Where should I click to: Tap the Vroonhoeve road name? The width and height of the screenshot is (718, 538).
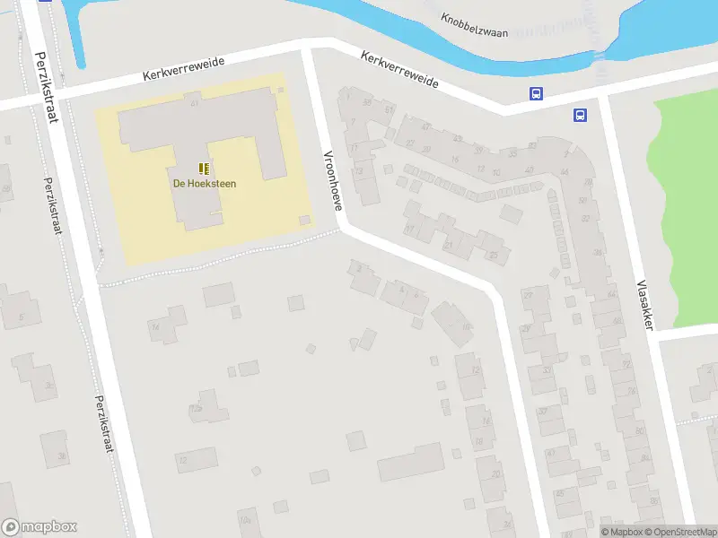(x=333, y=179)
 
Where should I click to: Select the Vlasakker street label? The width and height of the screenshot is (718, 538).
(x=643, y=304)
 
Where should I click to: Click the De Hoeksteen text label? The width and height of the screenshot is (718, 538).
(x=205, y=184)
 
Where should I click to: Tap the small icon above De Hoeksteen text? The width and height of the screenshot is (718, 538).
(x=205, y=169)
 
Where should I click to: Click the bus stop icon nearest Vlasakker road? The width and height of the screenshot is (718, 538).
(x=581, y=114)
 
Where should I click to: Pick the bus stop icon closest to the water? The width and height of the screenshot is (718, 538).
(x=536, y=94)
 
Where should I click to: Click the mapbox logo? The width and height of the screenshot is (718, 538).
(x=39, y=527)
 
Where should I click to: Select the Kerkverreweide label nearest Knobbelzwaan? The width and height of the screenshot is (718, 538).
(x=399, y=68)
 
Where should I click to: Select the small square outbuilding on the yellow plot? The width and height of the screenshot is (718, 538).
(x=305, y=220)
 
